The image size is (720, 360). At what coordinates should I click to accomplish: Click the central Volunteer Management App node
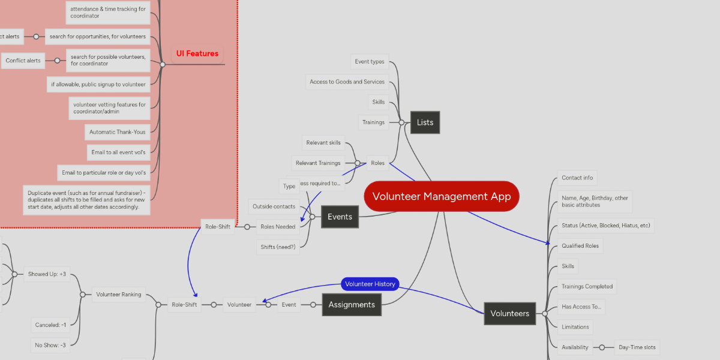tap(441, 196)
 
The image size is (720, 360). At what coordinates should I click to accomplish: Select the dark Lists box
tap(425, 122)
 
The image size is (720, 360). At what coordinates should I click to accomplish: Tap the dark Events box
tap(340, 217)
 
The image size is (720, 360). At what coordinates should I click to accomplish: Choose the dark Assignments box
tap(351, 305)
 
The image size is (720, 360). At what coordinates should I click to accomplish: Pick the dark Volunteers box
tap(509, 313)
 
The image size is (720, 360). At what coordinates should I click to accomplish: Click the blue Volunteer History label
tap(370, 284)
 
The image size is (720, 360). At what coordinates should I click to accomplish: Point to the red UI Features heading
tap(197, 53)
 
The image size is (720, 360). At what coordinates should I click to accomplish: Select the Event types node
tap(370, 62)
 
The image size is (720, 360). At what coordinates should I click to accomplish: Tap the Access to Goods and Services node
tap(347, 82)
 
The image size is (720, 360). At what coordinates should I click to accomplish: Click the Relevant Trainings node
tap(318, 163)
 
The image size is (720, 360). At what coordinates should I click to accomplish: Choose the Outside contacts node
tap(274, 206)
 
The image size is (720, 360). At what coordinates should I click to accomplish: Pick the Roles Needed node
tap(277, 227)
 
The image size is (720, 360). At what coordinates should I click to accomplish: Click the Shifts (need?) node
tap(277, 247)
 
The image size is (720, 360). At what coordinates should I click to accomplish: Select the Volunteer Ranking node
tap(119, 294)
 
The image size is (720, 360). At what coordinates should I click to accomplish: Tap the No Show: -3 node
tap(50, 345)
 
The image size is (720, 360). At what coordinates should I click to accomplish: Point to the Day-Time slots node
tap(637, 347)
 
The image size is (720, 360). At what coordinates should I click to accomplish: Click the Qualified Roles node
tap(580, 245)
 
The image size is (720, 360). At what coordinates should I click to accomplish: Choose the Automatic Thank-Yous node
tap(118, 132)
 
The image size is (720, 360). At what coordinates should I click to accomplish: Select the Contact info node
tap(577, 178)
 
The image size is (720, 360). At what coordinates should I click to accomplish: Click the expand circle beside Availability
tap(602, 347)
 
